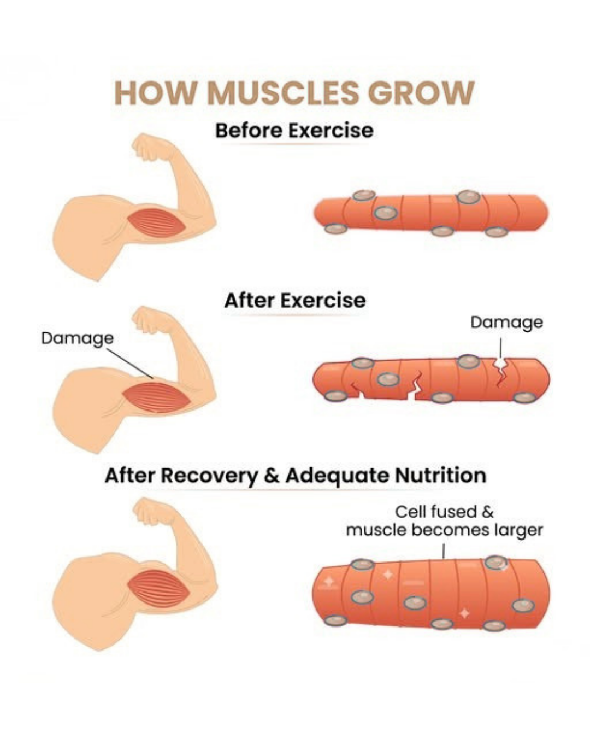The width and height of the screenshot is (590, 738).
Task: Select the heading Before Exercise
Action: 294,130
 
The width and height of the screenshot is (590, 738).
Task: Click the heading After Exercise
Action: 294,300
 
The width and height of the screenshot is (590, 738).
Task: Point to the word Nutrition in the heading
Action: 440,475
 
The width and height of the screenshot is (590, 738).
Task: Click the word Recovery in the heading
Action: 209,475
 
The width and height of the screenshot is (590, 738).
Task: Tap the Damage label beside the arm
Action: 77,338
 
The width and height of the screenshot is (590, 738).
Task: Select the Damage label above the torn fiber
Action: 506,323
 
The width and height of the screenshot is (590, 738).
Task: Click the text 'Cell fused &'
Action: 444,512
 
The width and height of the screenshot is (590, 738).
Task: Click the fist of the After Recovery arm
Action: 147,512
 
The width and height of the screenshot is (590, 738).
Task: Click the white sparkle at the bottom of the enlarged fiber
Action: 464,613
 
